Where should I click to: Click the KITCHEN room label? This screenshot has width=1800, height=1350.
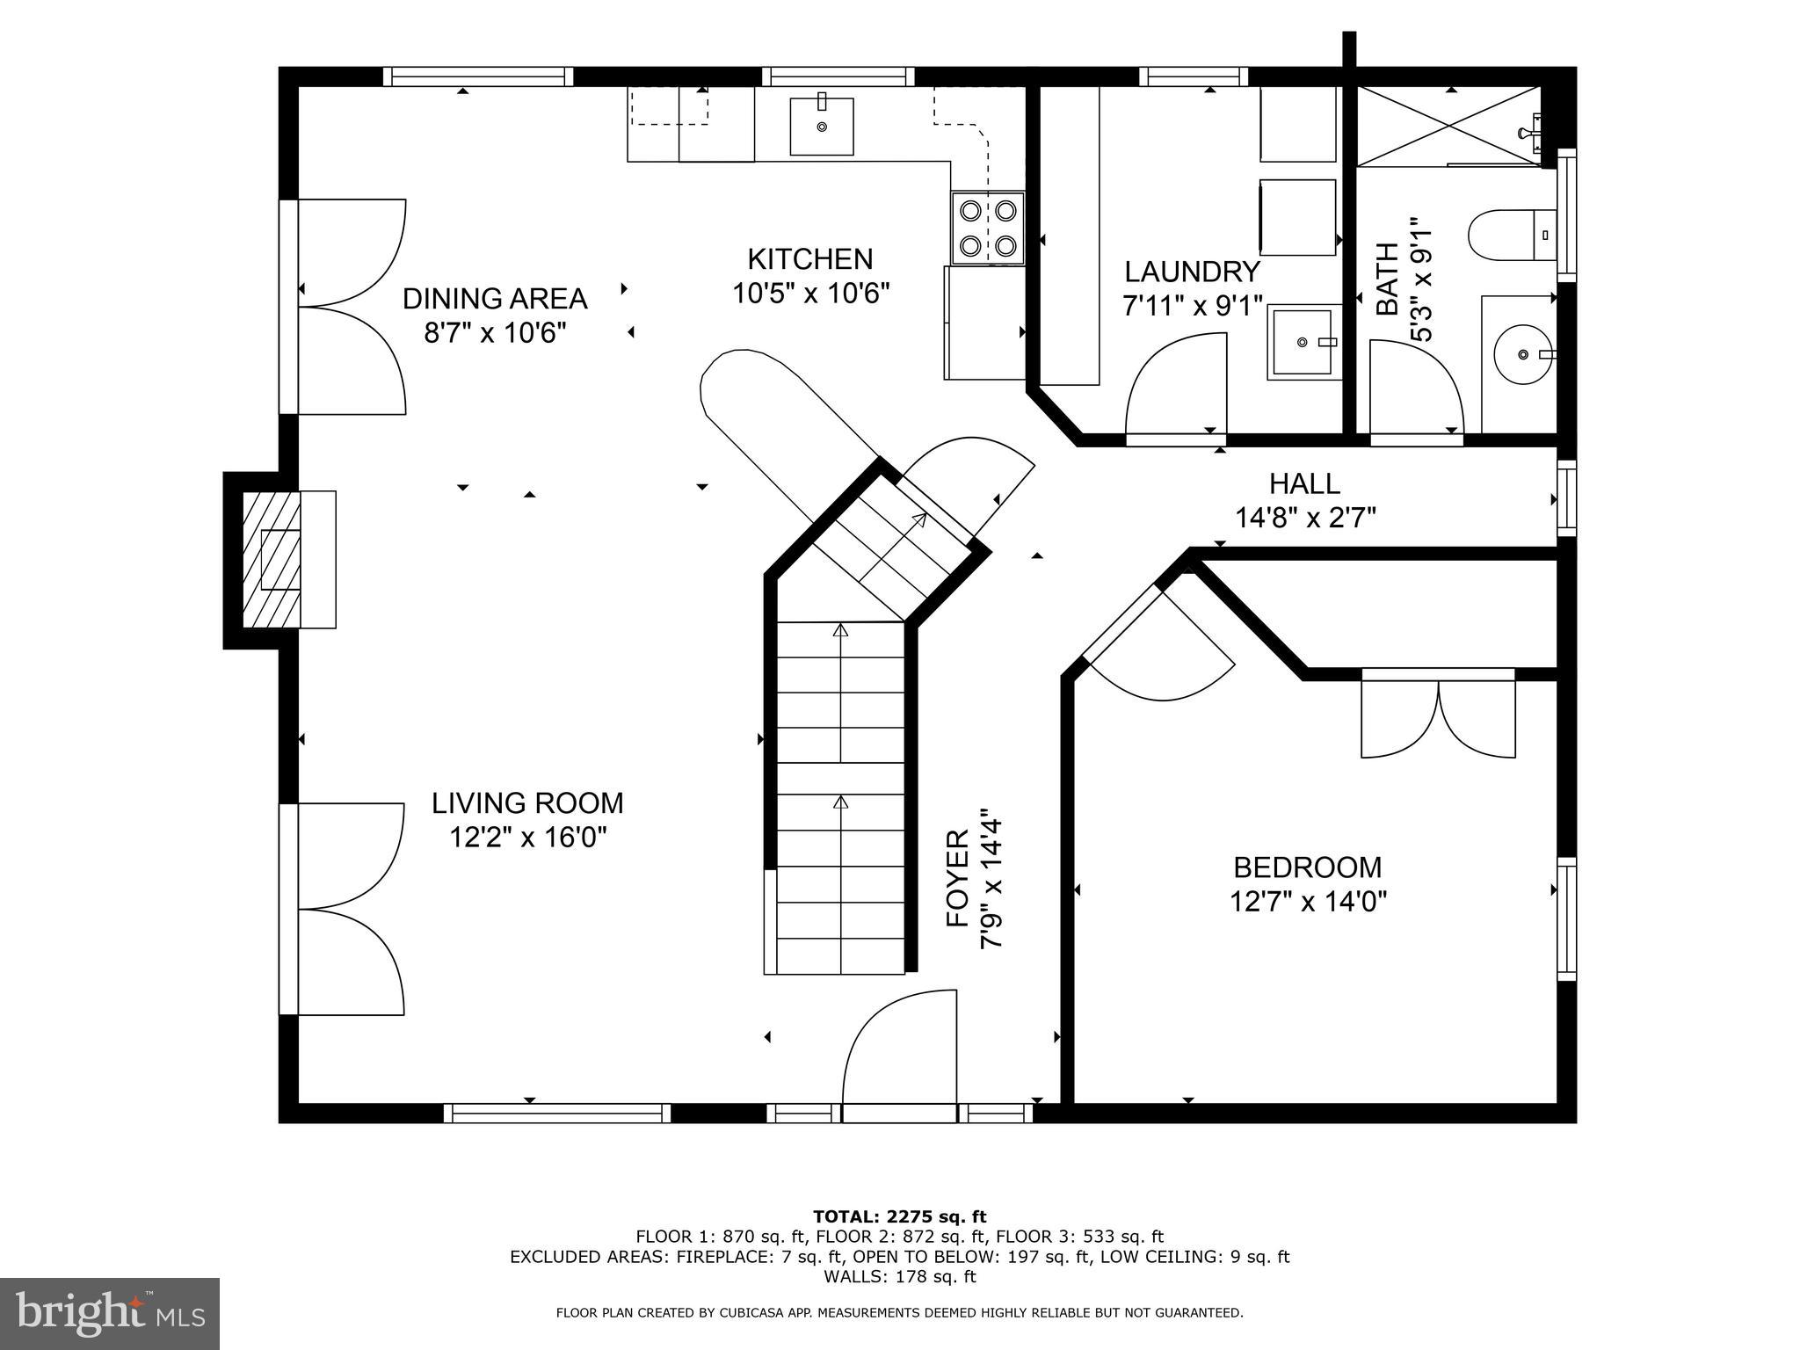click(809, 259)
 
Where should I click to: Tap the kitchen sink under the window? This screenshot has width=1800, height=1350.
click(822, 127)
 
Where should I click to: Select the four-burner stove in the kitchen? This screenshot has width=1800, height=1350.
click(988, 228)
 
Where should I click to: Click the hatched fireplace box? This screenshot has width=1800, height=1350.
click(272, 560)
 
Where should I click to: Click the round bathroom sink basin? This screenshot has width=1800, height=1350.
click(1524, 355)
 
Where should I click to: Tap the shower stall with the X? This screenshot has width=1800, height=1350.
click(1448, 126)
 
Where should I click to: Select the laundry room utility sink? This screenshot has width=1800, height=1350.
click(1304, 342)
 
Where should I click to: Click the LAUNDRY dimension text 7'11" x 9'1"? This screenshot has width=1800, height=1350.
click(1192, 306)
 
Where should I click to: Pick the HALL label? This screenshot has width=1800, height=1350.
click(1304, 483)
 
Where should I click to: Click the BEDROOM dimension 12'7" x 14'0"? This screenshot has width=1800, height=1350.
click(1307, 902)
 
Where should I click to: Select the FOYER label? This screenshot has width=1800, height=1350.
click(957, 879)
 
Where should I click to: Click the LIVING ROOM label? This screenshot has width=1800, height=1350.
click(527, 802)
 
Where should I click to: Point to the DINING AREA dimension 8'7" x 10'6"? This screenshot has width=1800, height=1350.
click(495, 333)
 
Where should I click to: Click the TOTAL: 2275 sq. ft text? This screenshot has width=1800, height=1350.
click(899, 1216)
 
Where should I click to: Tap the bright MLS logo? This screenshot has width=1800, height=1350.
click(109, 1314)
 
